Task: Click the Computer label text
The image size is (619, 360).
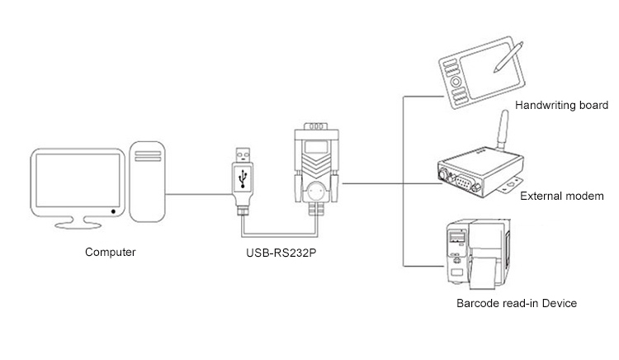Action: pyautogui.click(x=111, y=252)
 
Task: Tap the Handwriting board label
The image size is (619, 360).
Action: pyautogui.click(x=561, y=106)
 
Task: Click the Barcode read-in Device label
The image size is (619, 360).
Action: pyautogui.click(x=516, y=303)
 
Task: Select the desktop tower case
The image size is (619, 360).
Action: pyautogui.click(x=149, y=184)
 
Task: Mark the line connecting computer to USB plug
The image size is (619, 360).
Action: pyautogui.click(x=198, y=193)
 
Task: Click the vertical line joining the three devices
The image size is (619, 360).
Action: pyautogui.click(x=403, y=182)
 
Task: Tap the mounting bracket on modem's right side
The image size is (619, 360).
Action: pyautogui.click(x=518, y=178)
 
